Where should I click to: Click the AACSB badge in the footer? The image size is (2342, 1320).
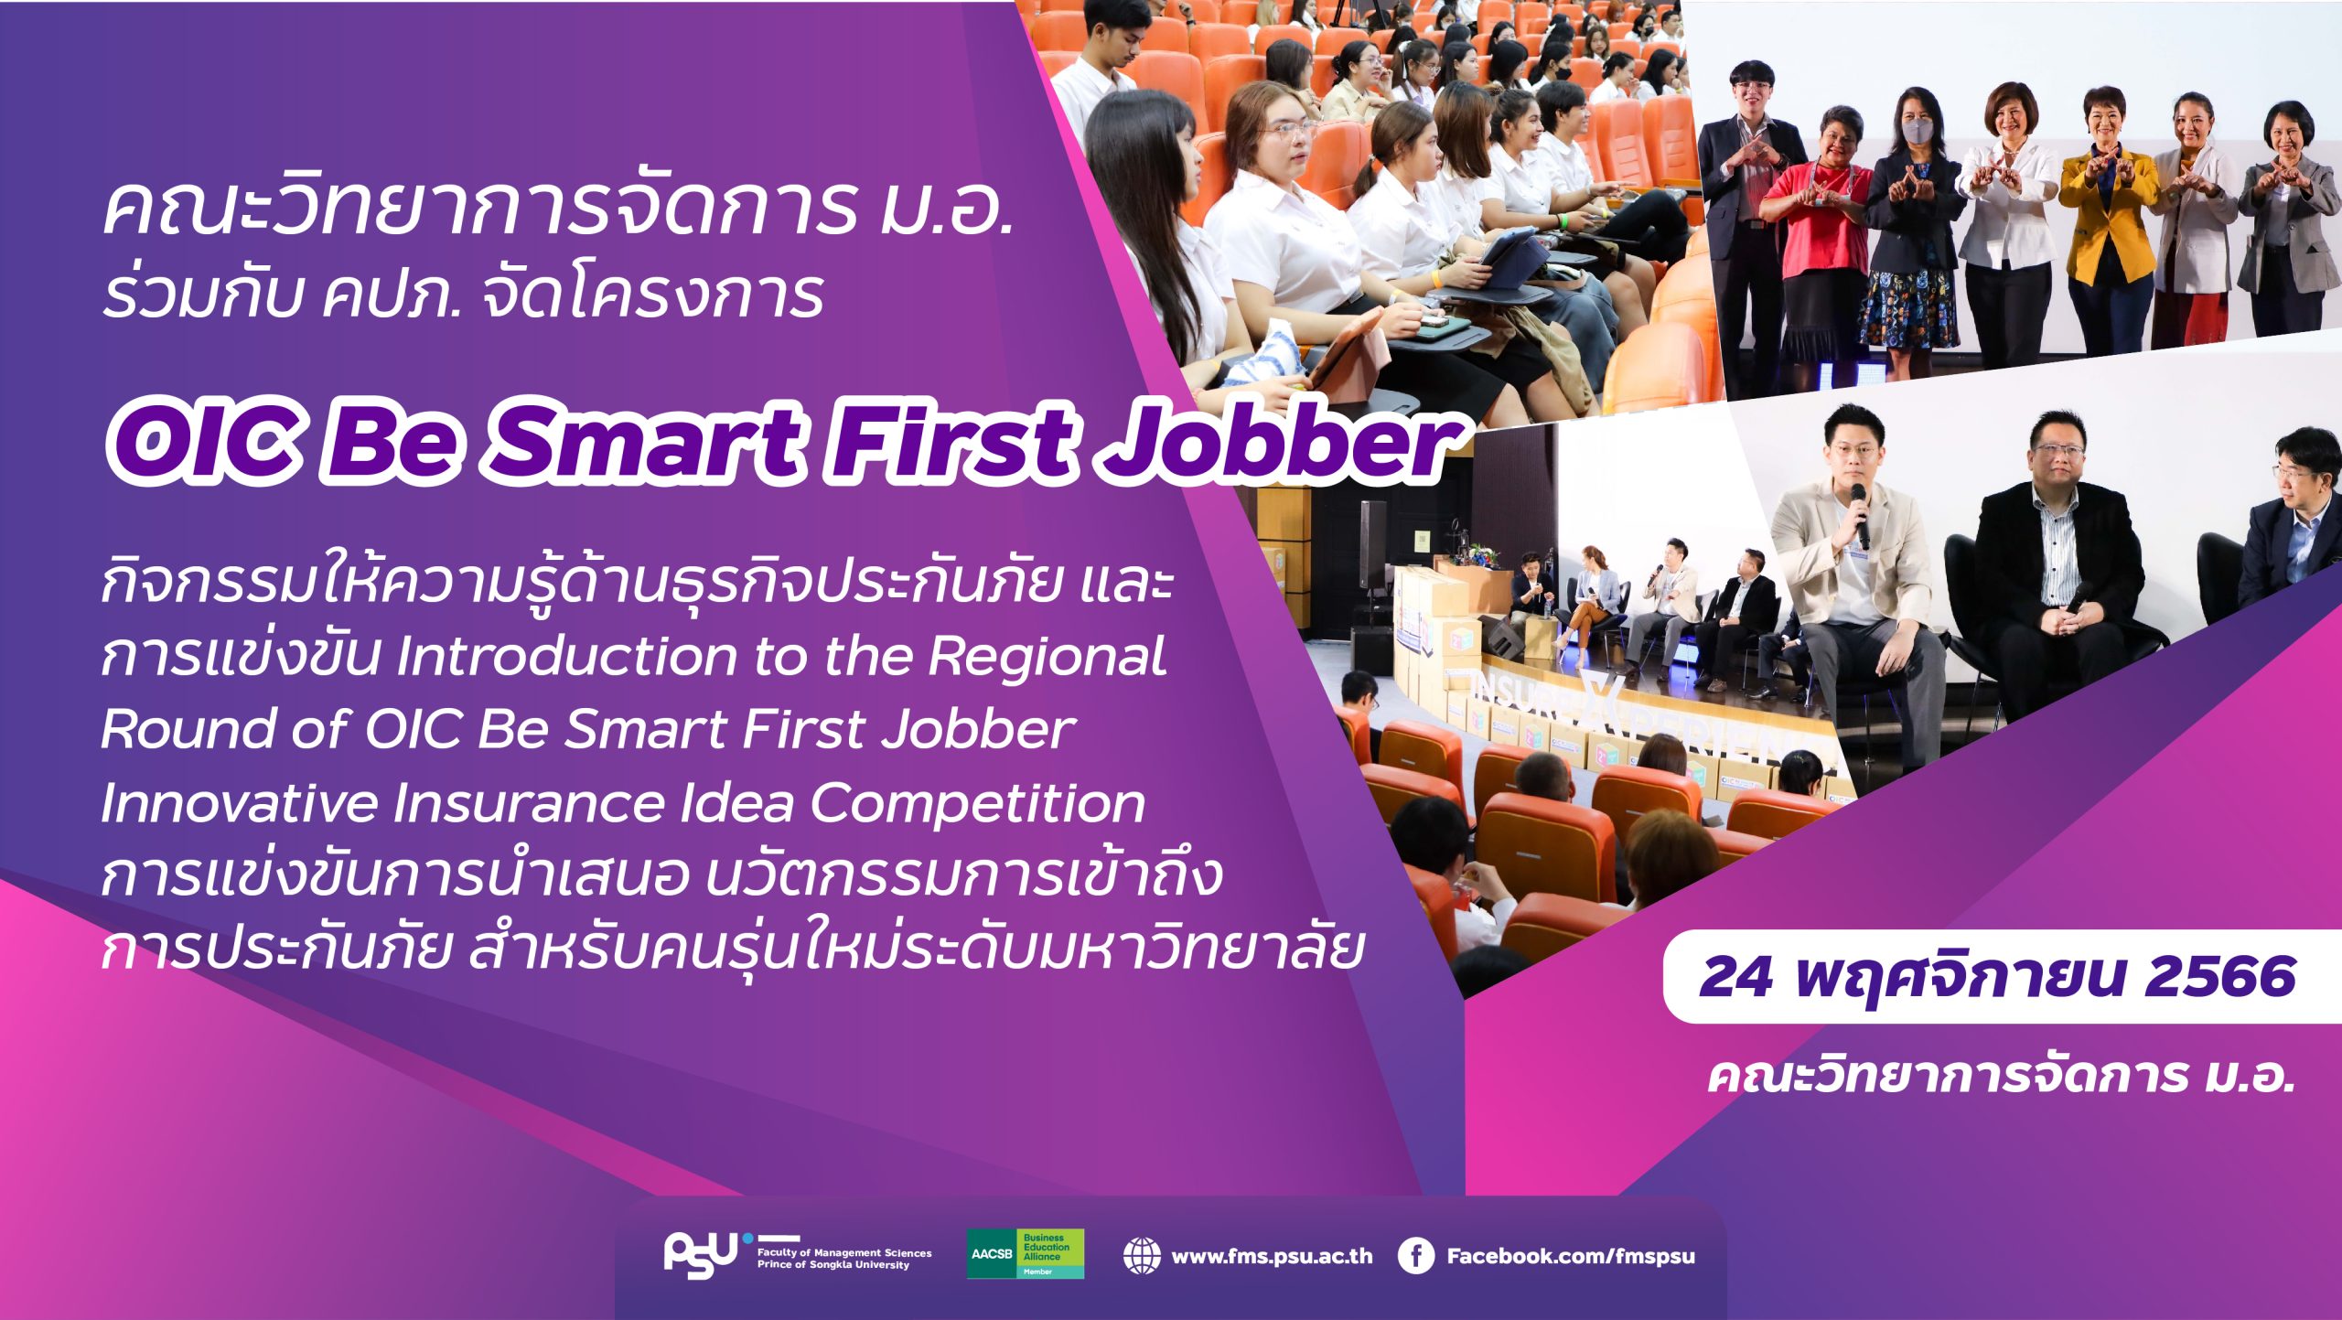click(1026, 1253)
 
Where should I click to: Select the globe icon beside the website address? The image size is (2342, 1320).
click(1142, 1256)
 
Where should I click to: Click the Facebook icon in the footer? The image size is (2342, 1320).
click(1415, 1256)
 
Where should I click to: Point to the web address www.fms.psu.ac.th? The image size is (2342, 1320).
click(1272, 1256)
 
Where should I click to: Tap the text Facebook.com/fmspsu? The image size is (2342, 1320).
click(1571, 1256)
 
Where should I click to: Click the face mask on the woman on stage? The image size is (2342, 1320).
click(1918, 132)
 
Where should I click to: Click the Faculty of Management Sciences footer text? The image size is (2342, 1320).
click(844, 1252)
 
